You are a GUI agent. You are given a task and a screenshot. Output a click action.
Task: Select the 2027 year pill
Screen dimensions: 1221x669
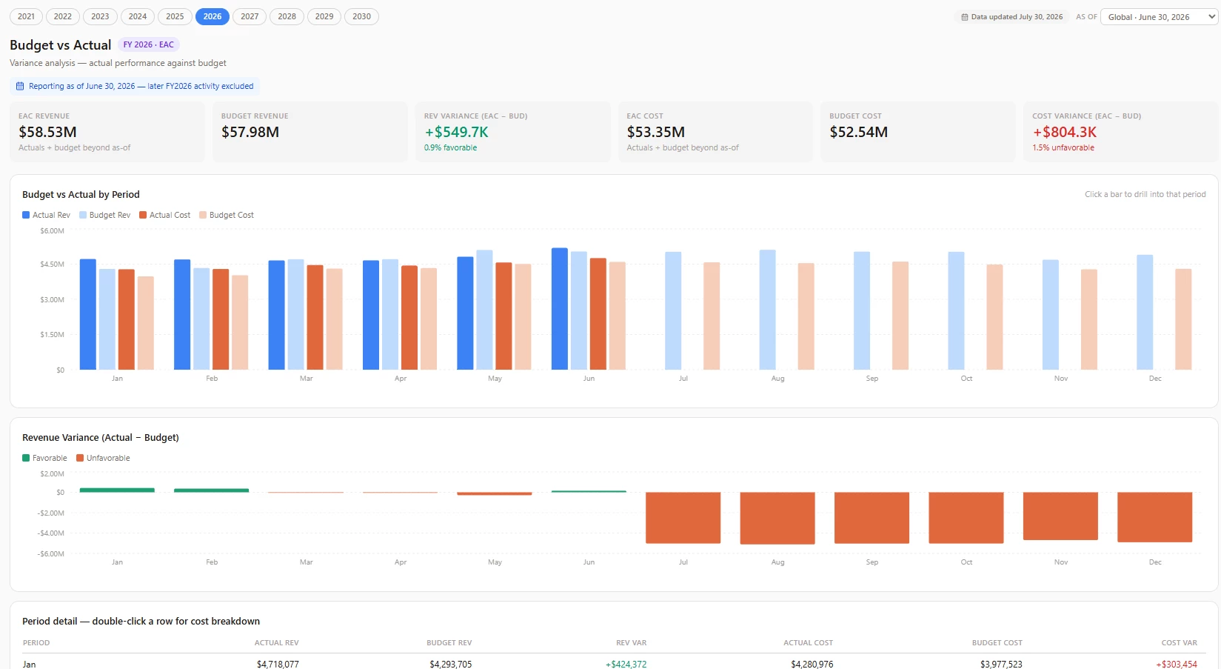[249, 16]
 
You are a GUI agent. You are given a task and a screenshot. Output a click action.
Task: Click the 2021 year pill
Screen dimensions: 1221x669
[26, 16]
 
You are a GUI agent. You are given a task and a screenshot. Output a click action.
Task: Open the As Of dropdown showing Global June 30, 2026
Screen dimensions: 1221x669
[1159, 17]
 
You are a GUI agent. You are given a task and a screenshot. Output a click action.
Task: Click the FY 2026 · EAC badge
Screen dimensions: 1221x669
[148, 44]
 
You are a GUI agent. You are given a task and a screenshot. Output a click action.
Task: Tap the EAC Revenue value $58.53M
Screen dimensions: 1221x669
[47, 132]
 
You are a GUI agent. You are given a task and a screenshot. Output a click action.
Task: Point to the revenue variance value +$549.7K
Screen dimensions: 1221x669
[456, 132]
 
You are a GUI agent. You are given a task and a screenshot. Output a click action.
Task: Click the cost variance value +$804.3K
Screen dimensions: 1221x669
[1065, 132]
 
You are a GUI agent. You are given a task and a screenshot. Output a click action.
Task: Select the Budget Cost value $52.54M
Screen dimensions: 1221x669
[858, 132]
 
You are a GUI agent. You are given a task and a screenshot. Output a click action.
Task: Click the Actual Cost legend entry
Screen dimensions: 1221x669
[164, 215]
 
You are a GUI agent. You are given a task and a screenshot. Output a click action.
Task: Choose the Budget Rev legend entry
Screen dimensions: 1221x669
[104, 215]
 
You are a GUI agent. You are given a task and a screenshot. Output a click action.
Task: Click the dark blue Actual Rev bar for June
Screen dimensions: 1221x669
[559, 309]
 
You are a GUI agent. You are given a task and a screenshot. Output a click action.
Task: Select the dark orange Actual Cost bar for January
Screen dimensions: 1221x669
[127, 319]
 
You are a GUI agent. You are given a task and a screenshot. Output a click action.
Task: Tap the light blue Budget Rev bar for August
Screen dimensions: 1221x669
[768, 310]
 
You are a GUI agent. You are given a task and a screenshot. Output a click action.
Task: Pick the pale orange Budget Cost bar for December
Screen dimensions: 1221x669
[1183, 319]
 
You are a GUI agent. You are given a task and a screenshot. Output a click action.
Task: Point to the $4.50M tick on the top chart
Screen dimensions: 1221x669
[53, 264]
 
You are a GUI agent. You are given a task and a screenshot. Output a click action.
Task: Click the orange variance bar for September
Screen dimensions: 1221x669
[872, 517]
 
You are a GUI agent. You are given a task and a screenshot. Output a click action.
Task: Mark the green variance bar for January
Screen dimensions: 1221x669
[117, 490]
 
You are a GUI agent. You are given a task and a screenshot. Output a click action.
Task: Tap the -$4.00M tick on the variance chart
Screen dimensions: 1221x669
[50, 533]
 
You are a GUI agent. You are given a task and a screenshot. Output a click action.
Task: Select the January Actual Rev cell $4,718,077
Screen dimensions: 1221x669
[278, 664]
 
